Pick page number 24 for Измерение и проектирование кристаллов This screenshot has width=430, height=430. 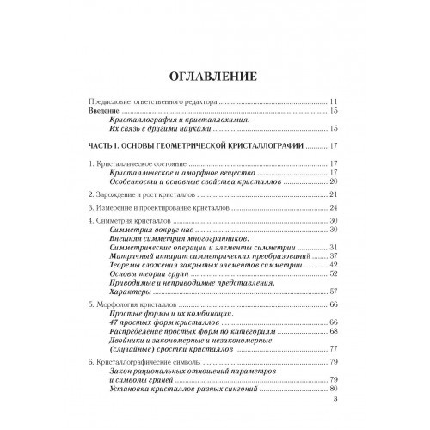click(x=336, y=209)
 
